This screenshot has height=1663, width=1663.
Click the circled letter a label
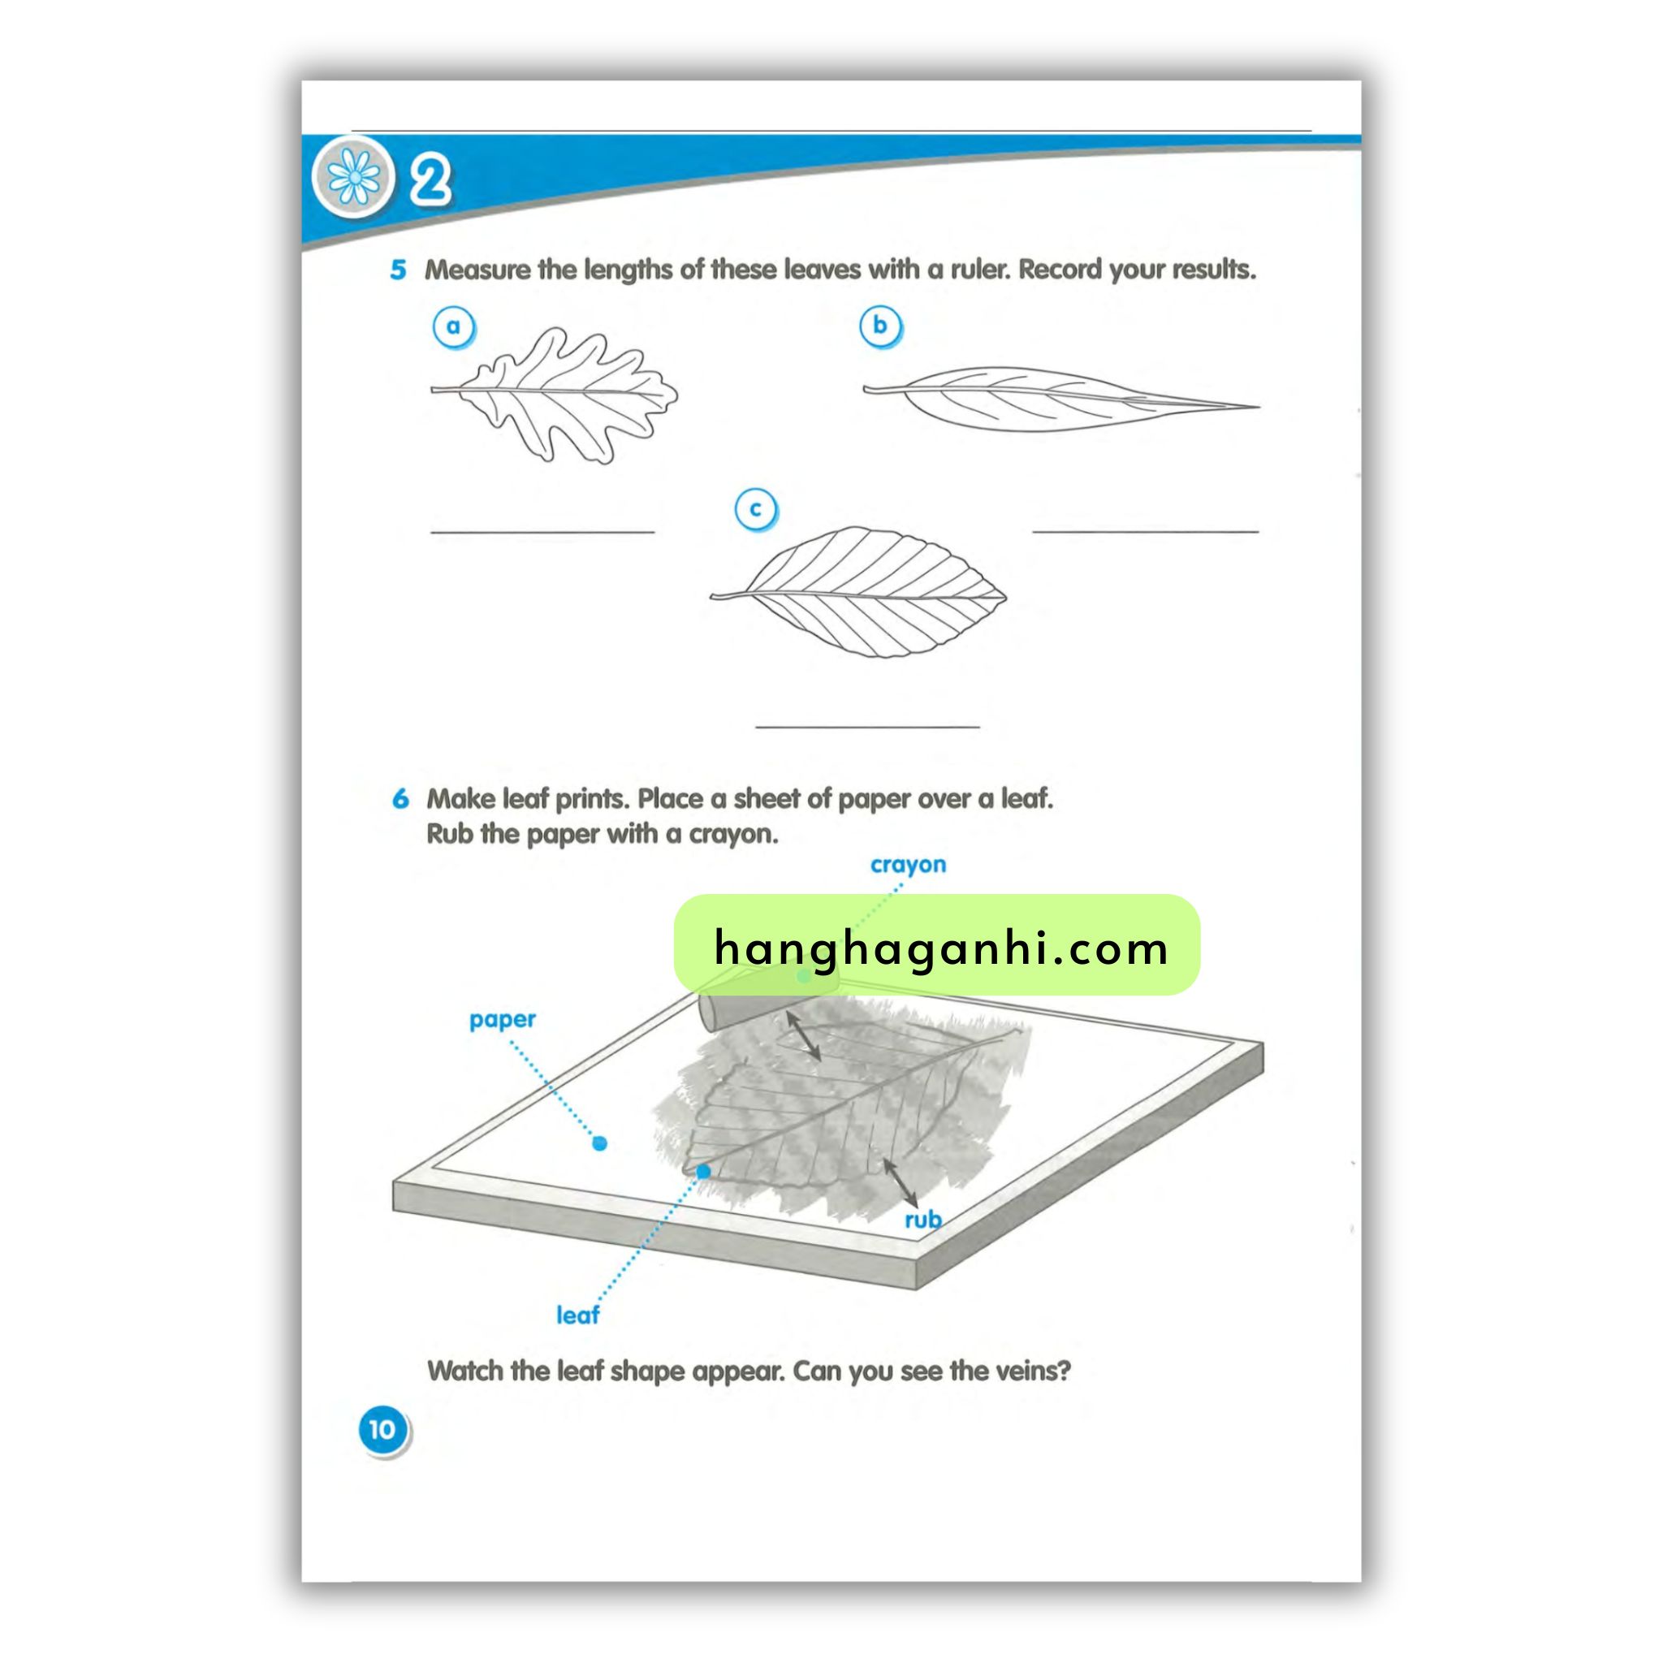tap(453, 327)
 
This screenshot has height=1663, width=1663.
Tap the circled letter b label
tap(879, 326)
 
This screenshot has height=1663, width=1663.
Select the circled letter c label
tap(755, 510)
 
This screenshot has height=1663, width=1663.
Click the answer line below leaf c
tap(868, 728)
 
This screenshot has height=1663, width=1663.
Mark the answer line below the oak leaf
tap(542, 533)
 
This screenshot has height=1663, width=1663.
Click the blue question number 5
tap(398, 270)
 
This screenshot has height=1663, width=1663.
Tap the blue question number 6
tap(400, 799)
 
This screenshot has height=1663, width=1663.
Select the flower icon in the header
tap(354, 177)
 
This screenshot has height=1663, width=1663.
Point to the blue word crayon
tap(907, 865)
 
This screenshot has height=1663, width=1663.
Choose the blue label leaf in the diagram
tap(577, 1315)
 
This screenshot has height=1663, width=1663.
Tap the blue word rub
tap(922, 1220)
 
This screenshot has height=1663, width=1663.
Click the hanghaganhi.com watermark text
tap(941, 948)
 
